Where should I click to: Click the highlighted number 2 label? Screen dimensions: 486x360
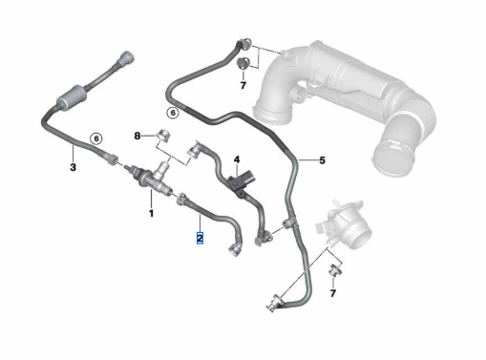(x=200, y=238)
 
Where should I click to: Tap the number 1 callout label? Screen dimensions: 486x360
(x=152, y=213)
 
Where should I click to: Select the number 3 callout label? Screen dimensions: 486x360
(x=73, y=167)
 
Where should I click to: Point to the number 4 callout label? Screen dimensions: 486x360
(x=237, y=159)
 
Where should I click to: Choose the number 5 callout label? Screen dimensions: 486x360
(x=323, y=160)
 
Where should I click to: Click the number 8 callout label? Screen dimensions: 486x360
(x=137, y=136)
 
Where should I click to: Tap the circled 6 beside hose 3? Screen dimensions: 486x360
(x=96, y=138)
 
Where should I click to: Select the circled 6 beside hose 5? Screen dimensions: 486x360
(x=173, y=113)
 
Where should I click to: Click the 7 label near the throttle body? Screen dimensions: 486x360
(x=333, y=293)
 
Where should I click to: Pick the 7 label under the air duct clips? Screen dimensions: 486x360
(x=243, y=85)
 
